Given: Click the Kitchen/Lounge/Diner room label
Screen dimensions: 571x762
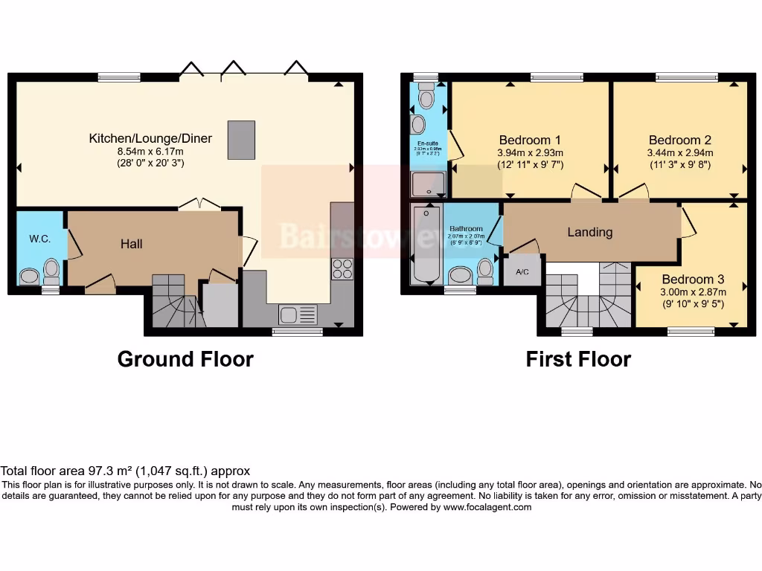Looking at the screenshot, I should coord(150,138).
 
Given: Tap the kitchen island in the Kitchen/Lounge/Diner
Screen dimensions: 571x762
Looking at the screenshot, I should coord(243,135).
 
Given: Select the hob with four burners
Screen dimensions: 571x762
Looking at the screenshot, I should coord(342,268).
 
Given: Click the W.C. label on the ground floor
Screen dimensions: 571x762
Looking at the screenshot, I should coord(39,239).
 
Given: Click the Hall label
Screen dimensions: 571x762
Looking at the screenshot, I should coord(132,244).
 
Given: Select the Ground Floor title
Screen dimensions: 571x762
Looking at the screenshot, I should coord(185,360).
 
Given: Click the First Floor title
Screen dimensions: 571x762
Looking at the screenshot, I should coord(578,360).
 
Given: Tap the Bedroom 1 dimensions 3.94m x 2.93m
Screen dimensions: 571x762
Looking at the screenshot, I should coord(530,153).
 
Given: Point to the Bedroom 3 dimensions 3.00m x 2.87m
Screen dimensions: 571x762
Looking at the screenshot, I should coord(693,292).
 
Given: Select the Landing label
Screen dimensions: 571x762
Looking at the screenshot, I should coord(590,232).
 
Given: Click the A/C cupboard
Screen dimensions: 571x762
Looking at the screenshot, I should coord(522,272).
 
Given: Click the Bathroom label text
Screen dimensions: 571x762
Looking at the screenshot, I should coord(466,229).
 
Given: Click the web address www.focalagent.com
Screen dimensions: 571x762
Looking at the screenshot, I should coord(487,507).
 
